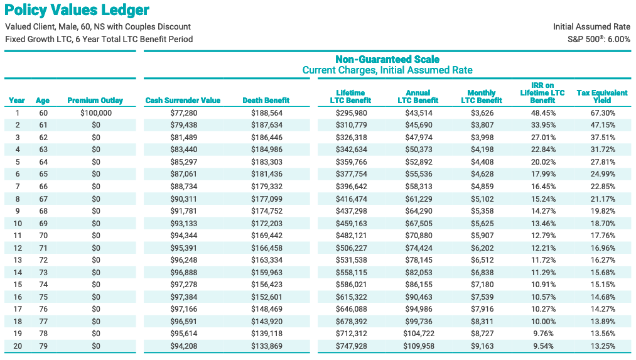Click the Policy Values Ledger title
[x=77, y=10]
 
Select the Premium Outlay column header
[x=95, y=101]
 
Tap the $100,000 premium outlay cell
[x=95, y=113]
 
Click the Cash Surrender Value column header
[x=183, y=101]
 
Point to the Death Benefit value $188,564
[x=266, y=113]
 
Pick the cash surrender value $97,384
[x=183, y=297]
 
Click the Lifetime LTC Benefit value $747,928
[x=351, y=346]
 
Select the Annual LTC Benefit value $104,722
[x=419, y=334]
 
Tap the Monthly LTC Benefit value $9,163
[x=482, y=346]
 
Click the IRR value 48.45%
[x=543, y=113]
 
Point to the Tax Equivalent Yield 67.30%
[x=603, y=113]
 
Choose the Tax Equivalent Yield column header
[x=602, y=97]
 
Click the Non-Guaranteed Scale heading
[x=387, y=59]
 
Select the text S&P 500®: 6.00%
[x=599, y=40]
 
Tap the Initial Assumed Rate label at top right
[x=591, y=27]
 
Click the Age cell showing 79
[x=43, y=346]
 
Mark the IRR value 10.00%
[x=543, y=322]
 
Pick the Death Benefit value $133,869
[x=266, y=346]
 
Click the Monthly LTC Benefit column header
[x=482, y=97]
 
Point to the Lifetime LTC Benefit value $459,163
[x=351, y=223]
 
